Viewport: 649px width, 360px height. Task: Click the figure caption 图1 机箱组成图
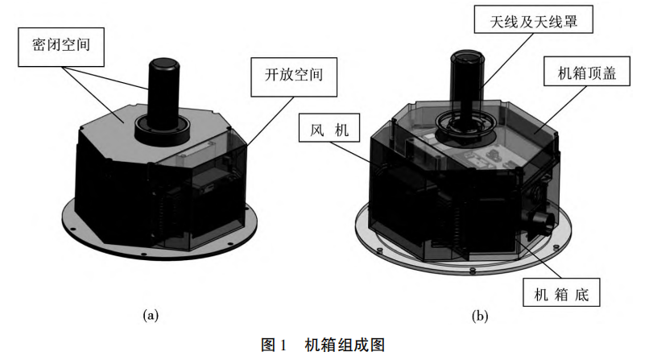[324, 345]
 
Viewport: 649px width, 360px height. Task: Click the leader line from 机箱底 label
[535, 258]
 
